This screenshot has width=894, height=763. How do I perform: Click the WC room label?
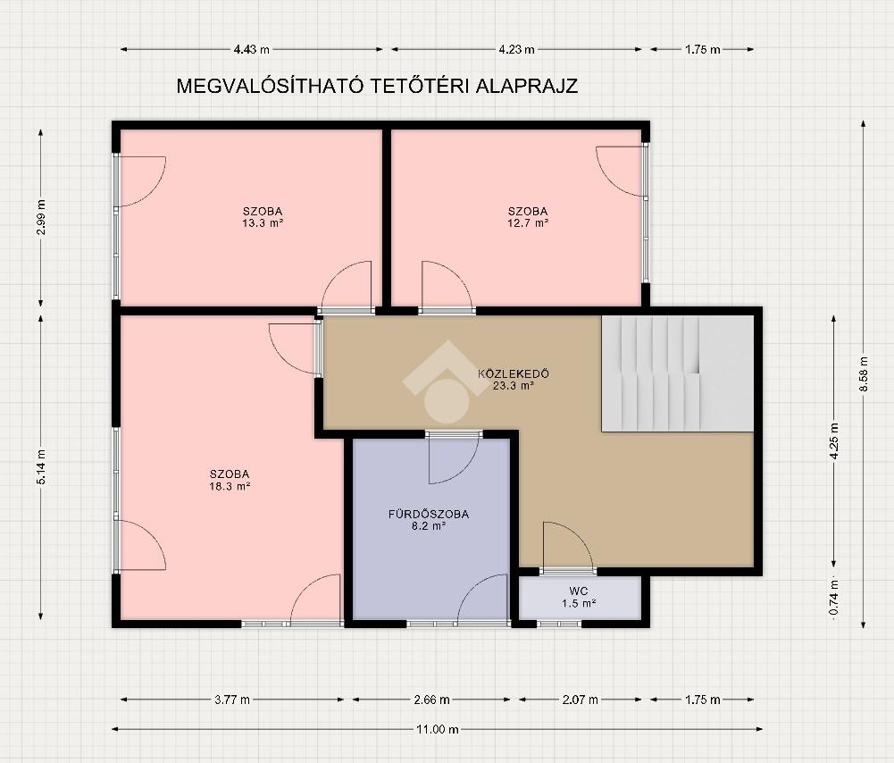(578, 591)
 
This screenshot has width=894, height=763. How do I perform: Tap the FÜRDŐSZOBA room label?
(429, 515)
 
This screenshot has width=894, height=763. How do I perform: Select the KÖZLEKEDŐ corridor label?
(514, 374)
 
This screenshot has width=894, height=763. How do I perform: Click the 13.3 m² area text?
(263, 223)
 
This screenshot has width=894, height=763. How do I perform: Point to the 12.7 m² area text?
(528, 223)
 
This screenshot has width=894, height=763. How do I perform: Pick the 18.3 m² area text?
(230, 486)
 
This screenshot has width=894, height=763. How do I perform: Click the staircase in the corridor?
(678, 373)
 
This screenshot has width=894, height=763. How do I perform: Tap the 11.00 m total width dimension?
(438, 729)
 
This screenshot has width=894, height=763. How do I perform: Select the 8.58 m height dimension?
(864, 373)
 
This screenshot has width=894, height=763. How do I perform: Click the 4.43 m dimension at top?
(252, 50)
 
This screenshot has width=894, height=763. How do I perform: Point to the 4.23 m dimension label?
(516, 50)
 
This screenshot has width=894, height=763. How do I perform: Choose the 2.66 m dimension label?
(431, 700)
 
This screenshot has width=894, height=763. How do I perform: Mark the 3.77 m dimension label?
(232, 700)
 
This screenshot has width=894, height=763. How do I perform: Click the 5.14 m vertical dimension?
(41, 467)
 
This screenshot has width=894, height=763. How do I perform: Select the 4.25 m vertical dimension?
(834, 440)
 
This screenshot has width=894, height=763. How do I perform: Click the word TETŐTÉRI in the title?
(421, 86)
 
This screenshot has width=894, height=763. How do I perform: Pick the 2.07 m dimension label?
(581, 700)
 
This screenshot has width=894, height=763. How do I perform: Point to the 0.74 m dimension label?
(834, 597)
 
